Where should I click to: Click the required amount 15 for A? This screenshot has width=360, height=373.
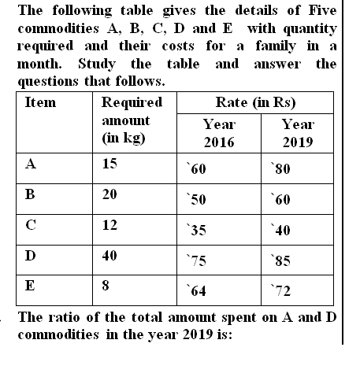(x=110, y=165)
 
